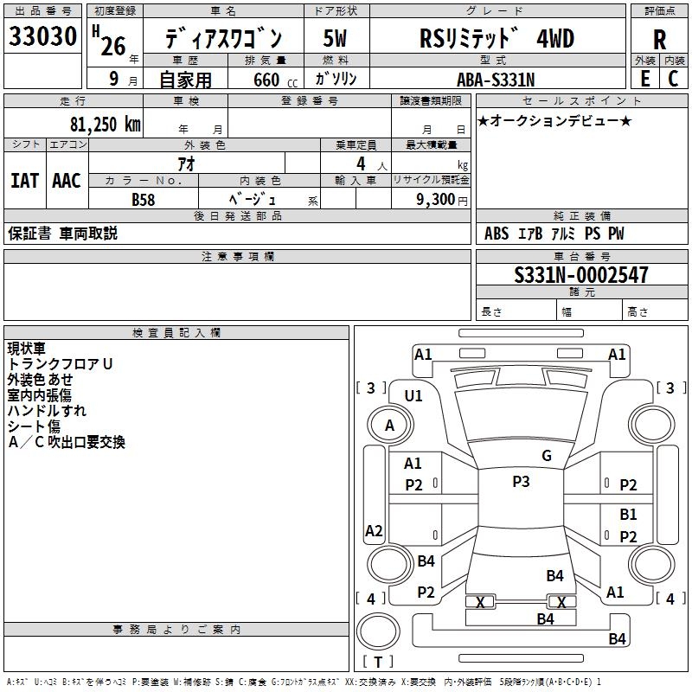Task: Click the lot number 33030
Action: coord(42,37)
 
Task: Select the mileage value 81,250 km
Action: coord(105,124)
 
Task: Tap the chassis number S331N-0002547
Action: coord(580,276)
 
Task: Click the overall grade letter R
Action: coord(659,40)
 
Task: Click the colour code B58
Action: coord(143,199)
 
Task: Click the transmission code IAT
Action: coord(24,181)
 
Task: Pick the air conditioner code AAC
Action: coord(67,181)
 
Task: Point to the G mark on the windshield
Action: coord(547,456)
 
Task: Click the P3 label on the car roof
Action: coord(521,482)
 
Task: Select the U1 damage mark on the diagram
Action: coord(413,396)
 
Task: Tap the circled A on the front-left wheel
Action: coord(389,426)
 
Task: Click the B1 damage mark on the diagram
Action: coord(628,515)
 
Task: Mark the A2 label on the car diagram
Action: coord(374,531)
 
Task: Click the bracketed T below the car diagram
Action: coord(377,662)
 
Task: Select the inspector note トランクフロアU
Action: coord(61,365)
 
